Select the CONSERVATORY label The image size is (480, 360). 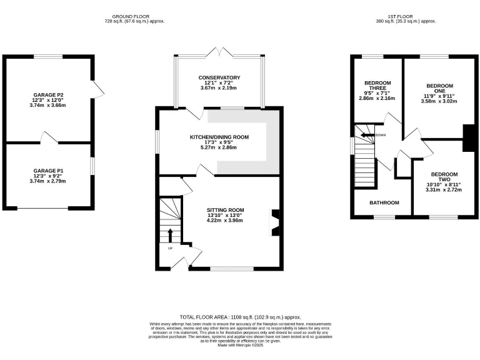pyautogui.click(x=219, y=77)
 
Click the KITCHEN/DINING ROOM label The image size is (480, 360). pyautogui.click(x=219, y=137)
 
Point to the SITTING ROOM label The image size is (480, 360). pyautogui.click(x=226, y=210)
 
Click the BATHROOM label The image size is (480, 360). pyautogui.click(x=384, y=202)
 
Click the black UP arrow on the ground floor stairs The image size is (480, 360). pyautogui.click(x=170, y=235)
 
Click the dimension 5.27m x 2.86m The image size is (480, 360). pyautogui.click(x=219, y=147)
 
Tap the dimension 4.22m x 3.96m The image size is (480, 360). pyautogui.click(x=226, y=221)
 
